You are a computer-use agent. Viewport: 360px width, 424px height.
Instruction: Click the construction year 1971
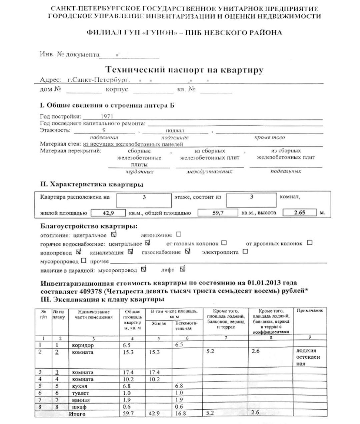tap(107, 116)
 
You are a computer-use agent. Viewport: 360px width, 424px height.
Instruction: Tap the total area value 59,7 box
tap(218, 213)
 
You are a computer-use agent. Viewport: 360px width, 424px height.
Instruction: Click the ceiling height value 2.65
tap(299, 213)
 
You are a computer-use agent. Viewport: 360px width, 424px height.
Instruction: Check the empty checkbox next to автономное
tap(179, 235)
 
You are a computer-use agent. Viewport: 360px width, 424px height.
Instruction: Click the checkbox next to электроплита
tap(245, 252)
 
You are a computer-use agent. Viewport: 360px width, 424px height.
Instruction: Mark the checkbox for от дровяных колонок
tap(310, 243)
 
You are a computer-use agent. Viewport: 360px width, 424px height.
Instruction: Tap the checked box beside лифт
tap(182, 269)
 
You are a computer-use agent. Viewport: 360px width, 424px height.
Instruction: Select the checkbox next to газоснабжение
tap(188, 251)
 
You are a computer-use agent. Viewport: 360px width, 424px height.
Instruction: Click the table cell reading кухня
tap(79, 386)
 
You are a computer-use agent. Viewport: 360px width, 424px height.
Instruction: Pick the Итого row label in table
tap(77, 414)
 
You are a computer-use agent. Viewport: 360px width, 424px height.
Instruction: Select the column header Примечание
tap(310, 311)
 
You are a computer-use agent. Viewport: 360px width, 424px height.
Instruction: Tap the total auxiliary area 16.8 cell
tap(181, 414)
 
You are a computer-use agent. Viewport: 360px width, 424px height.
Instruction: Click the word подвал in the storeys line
tap(175, 130)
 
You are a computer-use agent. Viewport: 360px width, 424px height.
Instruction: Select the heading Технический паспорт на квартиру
tap(184, 70)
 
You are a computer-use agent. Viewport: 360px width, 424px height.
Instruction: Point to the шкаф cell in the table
tap(79, 407)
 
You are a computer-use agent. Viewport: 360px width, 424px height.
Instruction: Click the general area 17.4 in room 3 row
tap(128, 372)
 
